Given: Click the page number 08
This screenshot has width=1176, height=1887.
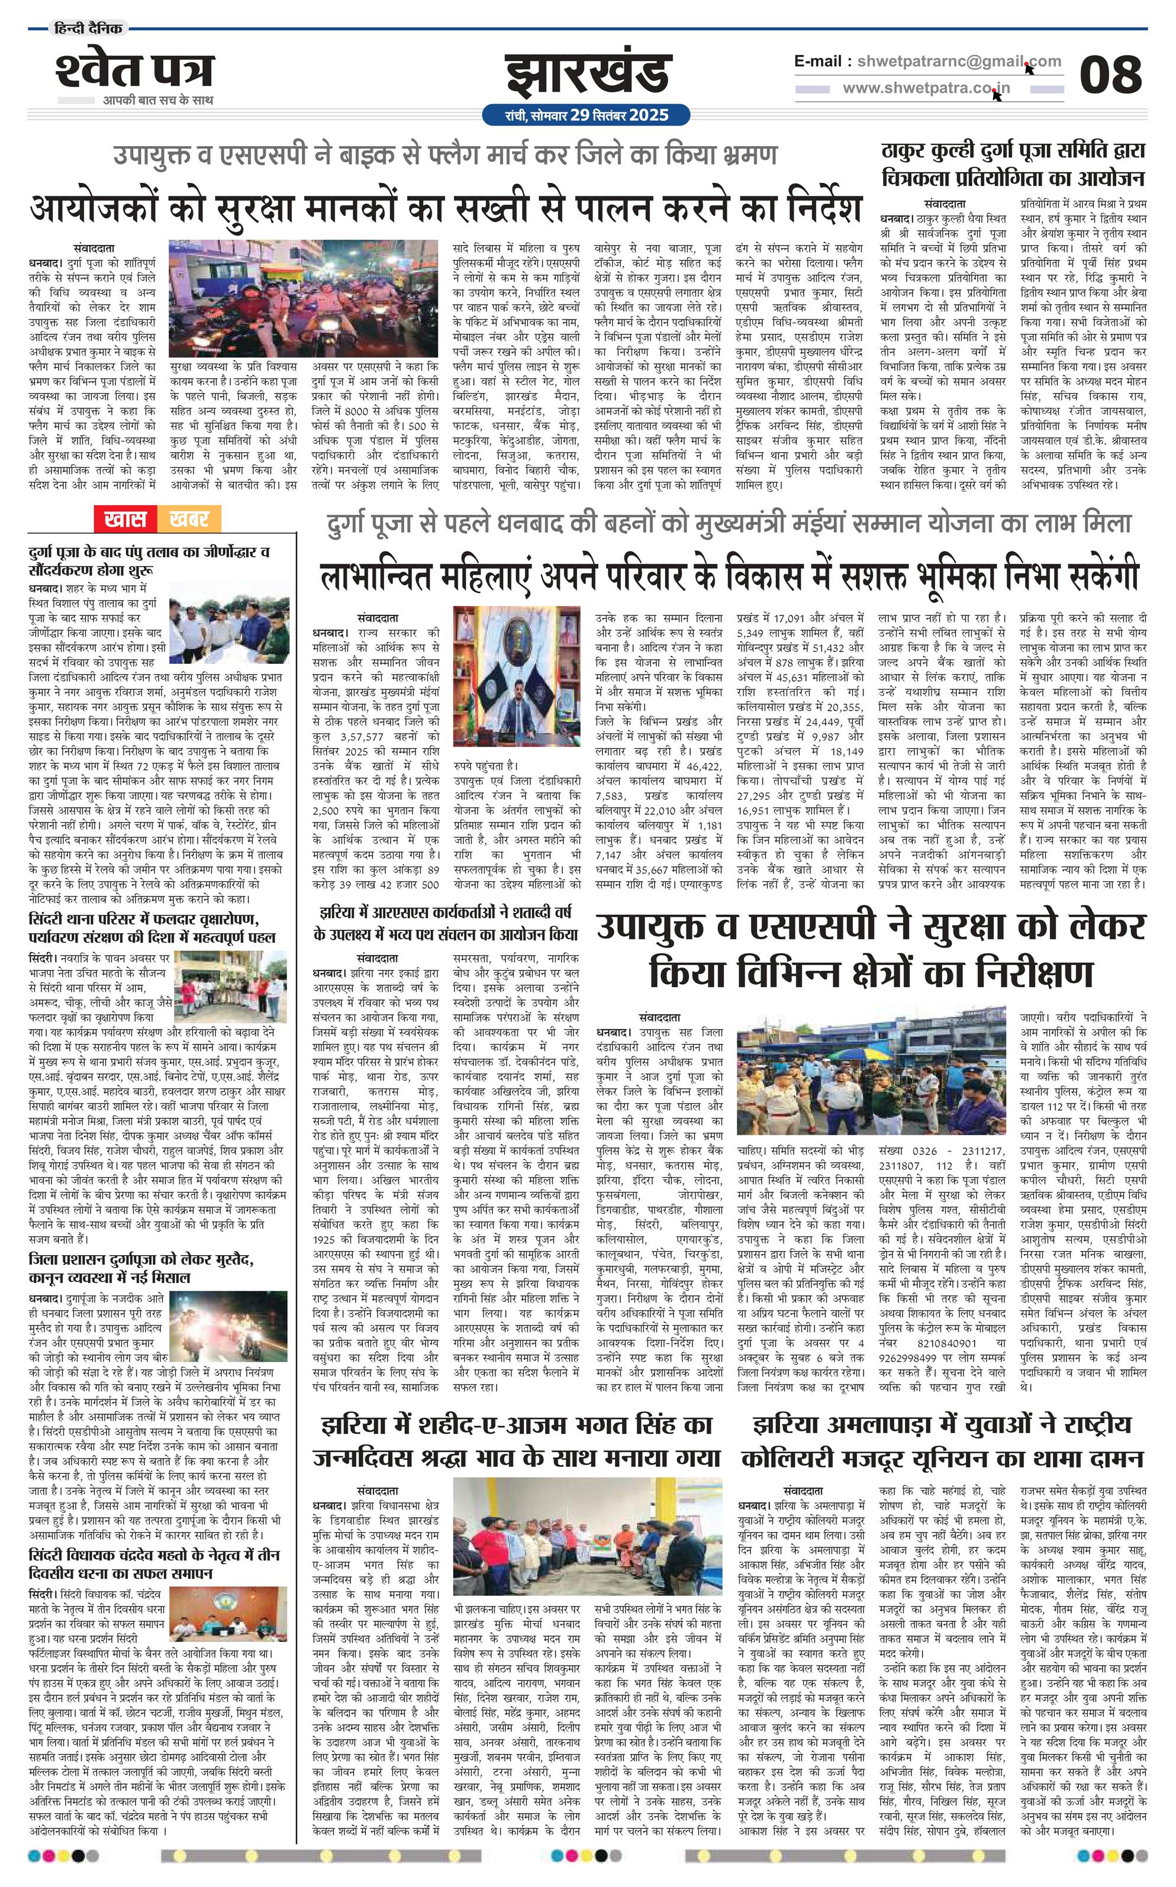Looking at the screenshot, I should click(1110, 75).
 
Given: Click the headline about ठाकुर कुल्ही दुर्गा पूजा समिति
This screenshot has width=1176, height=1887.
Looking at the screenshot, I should click(1013, 164).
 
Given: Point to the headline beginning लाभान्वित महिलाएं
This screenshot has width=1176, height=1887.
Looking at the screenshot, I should click(730, 576).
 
